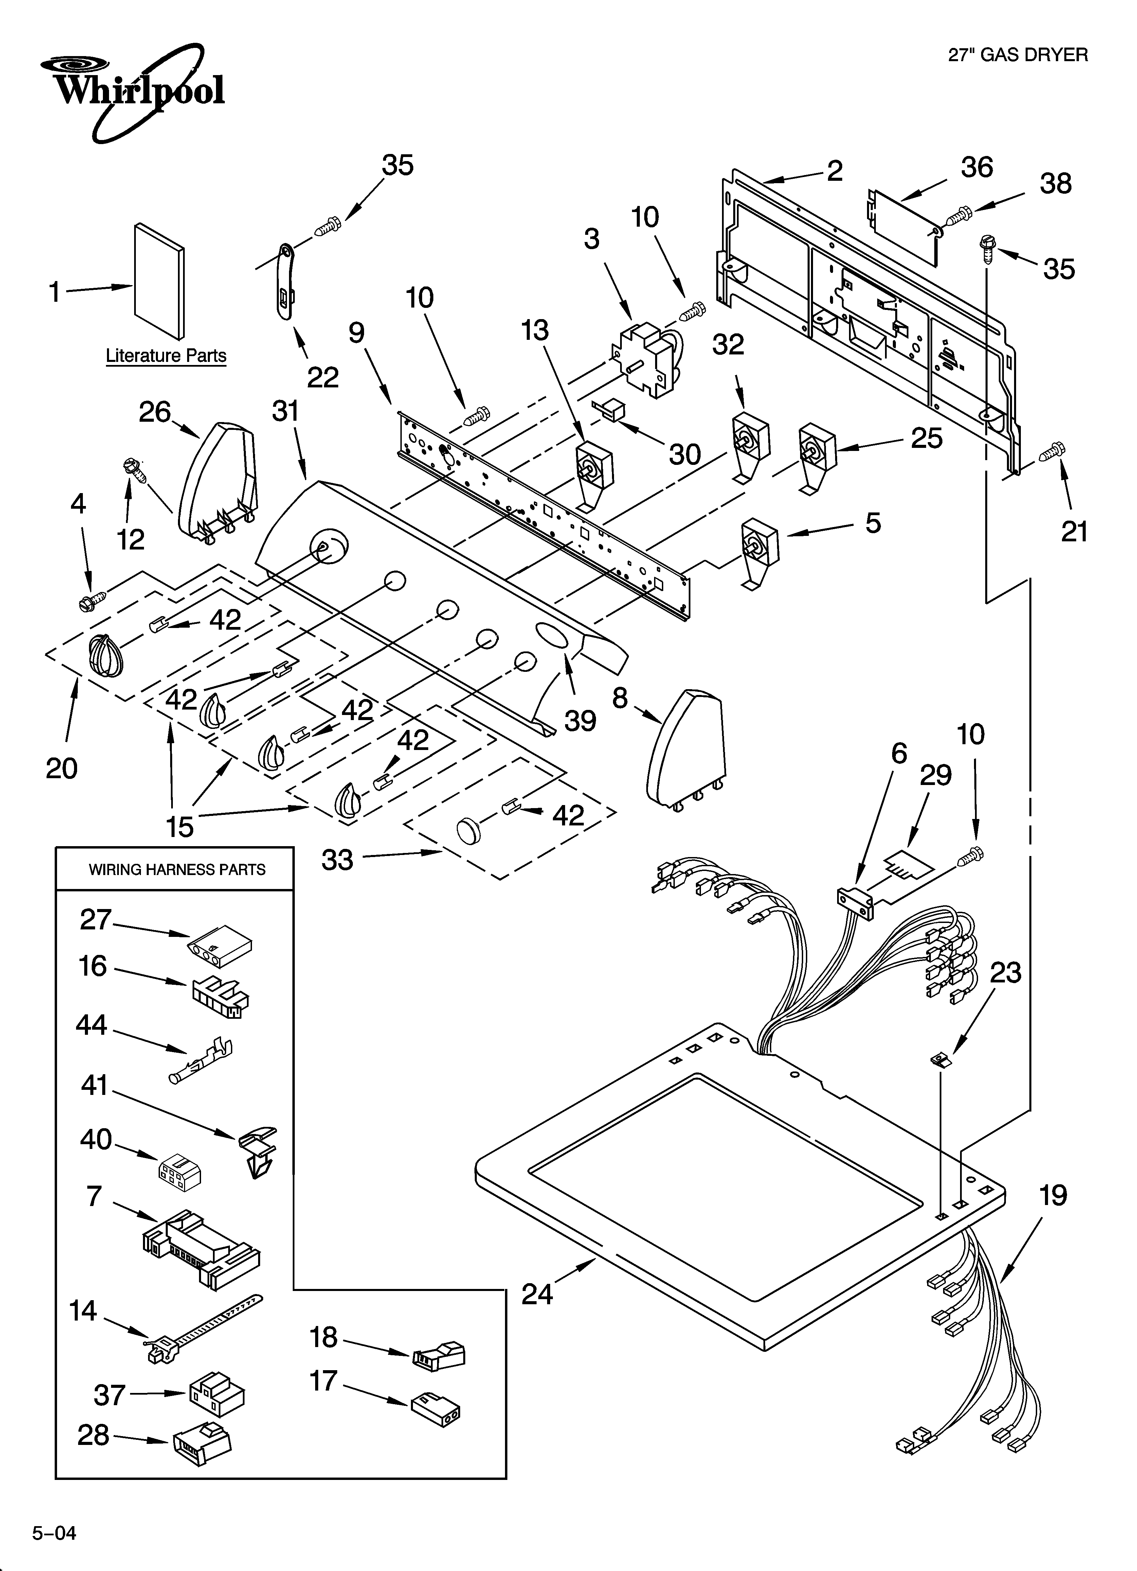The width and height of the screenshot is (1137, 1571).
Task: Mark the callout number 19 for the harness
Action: point(1052,1195)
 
